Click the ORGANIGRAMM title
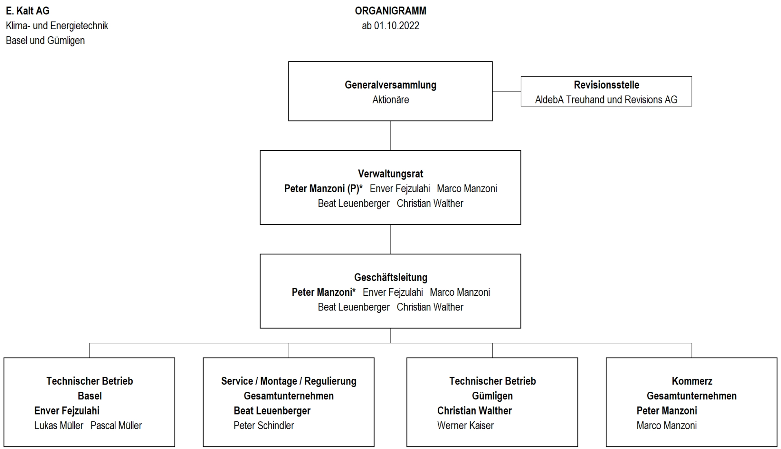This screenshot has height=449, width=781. [x=390, y=11]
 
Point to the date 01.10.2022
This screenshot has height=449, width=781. [x=397, y=26]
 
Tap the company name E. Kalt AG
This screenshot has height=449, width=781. [x=28, y=11]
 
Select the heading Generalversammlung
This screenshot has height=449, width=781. [x=390, y=85]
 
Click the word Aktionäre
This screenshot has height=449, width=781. [x=390, y=100]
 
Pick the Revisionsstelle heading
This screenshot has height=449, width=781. [x=606, y=85]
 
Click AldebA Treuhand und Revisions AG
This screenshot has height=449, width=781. [x=606, y=100]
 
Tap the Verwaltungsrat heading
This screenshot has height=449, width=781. [x=390, y=174]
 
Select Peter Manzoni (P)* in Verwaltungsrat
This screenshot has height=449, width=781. [x=323, y=189]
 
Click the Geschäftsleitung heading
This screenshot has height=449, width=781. [x=390, y=278]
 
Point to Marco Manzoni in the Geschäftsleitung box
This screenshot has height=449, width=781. [x=460, y=292]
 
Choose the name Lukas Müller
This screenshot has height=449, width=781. [x=59, y=425]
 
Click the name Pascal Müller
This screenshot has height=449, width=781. [x=116, y=425]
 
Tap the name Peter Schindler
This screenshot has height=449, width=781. [x=264, y=425]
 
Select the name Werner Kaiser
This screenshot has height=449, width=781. [x=465, y=425]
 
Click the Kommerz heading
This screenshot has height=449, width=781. [x=692, y=381]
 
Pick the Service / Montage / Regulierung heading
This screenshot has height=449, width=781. [x=289, y=381]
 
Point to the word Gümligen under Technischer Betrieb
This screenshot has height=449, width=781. [x=492, y=396]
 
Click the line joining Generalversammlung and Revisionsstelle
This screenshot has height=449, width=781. [x=506, y=91]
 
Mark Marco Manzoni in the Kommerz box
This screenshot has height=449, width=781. [x=666, y=425]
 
